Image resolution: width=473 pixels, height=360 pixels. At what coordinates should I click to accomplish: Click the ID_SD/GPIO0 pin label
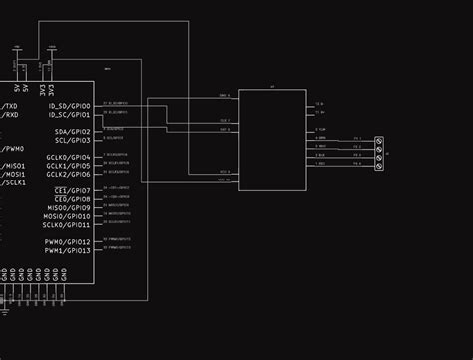(69, 106)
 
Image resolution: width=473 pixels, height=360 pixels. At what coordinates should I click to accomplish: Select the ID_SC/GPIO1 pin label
(69, 115)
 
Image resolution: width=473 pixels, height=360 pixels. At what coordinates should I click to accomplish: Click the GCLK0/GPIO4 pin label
(69, 158)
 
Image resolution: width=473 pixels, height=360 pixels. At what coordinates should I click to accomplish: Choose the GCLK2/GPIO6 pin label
(69, 175)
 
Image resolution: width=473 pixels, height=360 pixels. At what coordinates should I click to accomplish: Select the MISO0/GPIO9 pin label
(69, 208)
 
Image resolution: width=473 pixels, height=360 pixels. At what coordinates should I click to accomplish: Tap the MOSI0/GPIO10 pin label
(67, 216)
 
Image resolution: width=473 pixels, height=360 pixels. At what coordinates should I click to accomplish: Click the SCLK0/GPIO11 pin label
(67, 225)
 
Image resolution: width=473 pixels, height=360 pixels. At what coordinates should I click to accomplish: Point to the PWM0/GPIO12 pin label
(67, 242)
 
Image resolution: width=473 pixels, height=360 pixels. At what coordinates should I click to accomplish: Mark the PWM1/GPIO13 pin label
(67, 250)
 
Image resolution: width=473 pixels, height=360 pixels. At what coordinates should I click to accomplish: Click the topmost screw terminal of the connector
(379, 141)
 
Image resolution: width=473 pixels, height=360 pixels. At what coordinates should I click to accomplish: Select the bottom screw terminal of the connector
(379, 166)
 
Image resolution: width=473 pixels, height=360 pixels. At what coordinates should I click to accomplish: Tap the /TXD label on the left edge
(9, 106)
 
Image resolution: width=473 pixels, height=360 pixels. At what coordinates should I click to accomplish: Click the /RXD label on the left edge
(9, 115)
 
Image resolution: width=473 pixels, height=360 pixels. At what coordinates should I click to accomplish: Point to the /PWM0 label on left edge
(11, 149)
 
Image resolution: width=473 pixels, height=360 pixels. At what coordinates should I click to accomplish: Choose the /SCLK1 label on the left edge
(13, 182)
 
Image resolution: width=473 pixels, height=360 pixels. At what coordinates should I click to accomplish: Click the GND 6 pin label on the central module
(224, 96)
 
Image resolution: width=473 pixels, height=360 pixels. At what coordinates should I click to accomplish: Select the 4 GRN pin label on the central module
(321, 138)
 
